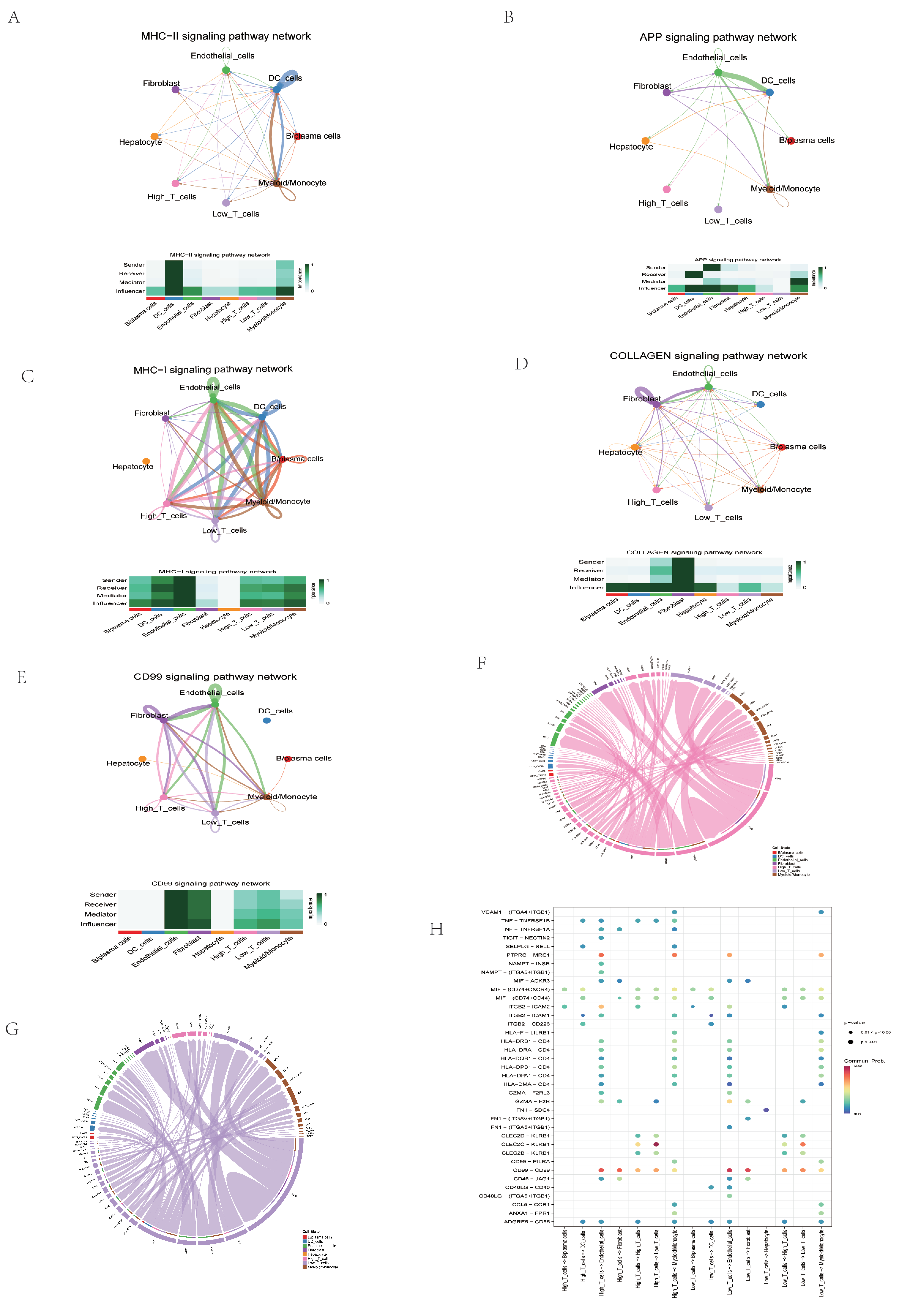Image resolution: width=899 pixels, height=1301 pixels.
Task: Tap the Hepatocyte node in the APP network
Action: (x=646, y=140)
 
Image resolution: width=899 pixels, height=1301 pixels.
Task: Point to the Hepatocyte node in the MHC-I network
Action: (x=146, y=462)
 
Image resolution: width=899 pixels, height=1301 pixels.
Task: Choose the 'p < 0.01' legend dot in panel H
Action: (x=851, y=1042)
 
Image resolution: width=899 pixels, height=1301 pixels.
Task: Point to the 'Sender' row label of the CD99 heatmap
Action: (x=103, y=895)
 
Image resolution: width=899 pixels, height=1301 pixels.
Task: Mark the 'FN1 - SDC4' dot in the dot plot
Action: (x=766, y=1110)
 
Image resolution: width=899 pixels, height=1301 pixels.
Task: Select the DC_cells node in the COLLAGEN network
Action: (x=760, y=405)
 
